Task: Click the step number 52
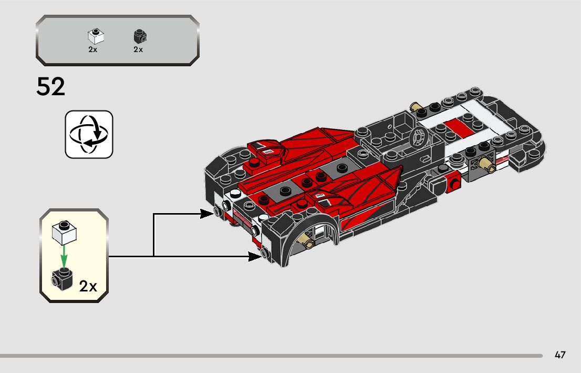(51, 87)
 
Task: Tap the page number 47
(560, 355)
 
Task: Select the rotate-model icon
(89, 134)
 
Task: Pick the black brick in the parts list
(139, 37)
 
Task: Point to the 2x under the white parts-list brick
(93, 49)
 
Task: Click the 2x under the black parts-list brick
(138, 49)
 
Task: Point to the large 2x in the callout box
(88, 287)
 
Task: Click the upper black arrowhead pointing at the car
(206, 214)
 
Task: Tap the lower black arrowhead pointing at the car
(255, 256)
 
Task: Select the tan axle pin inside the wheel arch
(305, 241)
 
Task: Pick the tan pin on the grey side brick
(489, 166)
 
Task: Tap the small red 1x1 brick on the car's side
(453, 183)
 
